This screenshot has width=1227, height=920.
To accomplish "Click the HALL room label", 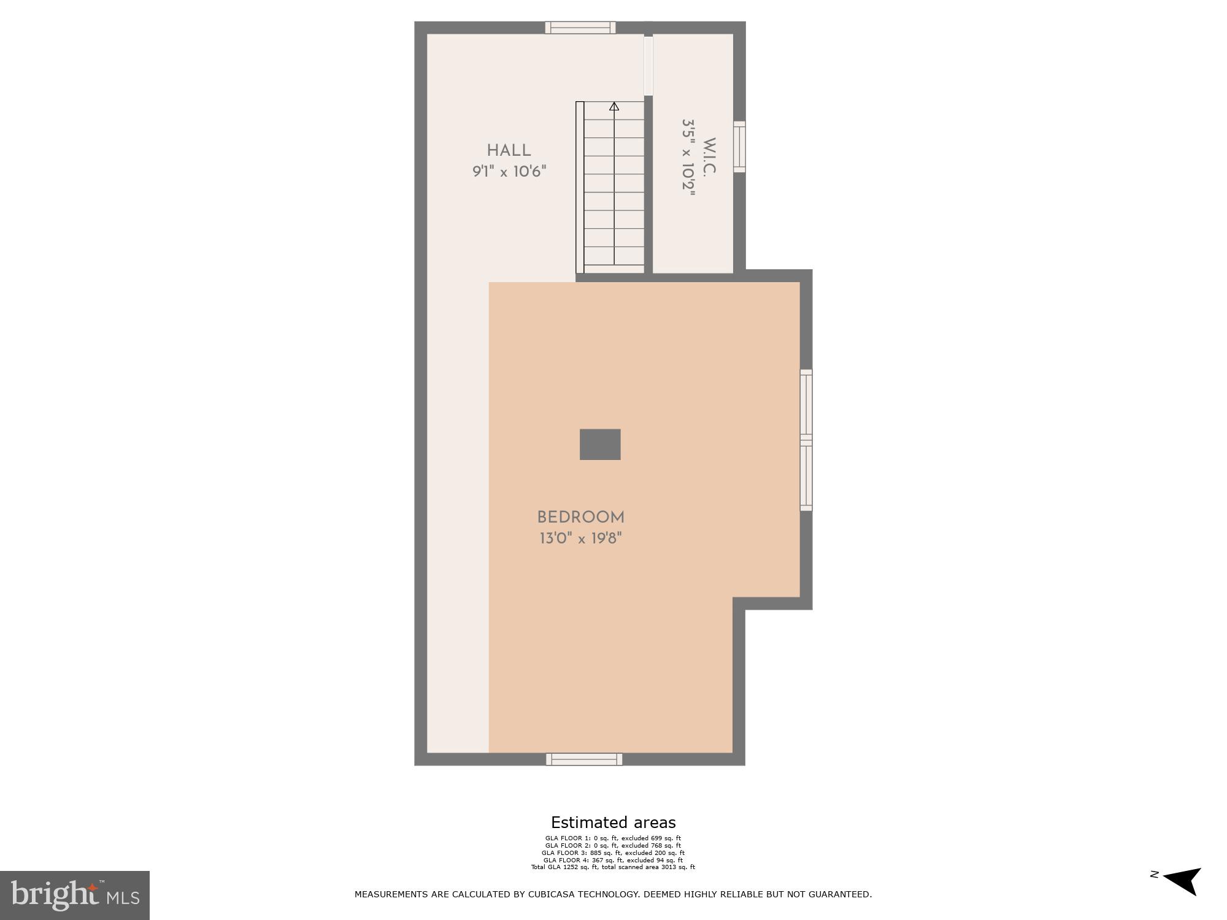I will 509,151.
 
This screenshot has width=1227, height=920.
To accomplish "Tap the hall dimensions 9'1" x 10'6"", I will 509,172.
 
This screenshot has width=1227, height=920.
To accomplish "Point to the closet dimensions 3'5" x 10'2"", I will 689,158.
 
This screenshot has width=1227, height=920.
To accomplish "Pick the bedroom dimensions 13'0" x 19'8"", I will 580,539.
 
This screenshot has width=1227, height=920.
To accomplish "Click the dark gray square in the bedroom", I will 600,444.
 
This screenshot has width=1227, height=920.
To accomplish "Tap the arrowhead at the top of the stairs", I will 614,107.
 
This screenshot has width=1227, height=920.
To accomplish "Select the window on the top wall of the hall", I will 580,28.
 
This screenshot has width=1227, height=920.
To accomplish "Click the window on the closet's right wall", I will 739,147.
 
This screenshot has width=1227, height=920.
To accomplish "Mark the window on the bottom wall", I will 584,759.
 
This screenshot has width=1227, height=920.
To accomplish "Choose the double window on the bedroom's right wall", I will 806,440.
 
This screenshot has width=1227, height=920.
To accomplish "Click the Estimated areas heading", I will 613,822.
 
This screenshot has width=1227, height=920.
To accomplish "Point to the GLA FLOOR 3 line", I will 613,853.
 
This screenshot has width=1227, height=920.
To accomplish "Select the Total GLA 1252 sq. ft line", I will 613,867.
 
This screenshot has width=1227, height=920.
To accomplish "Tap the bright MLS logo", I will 75,895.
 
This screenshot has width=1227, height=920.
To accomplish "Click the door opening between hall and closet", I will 648,66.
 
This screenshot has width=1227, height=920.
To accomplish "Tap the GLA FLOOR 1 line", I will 613,838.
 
